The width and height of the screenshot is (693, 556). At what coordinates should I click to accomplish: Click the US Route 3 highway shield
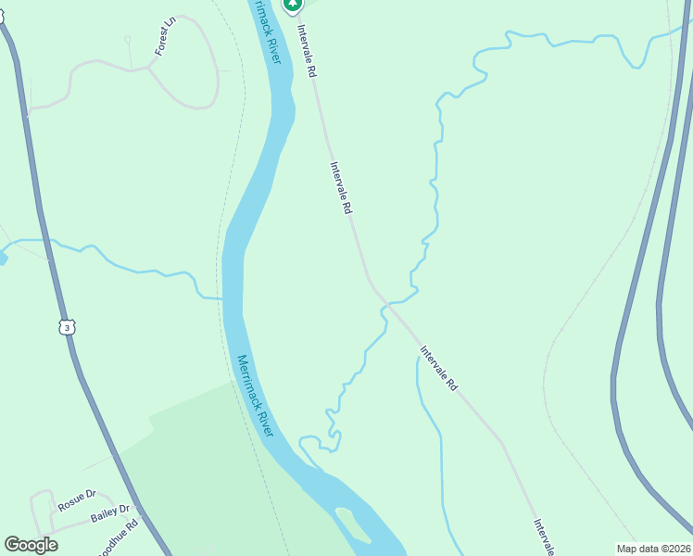click(66, 327)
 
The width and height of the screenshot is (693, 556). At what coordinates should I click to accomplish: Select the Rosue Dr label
click(77, 501)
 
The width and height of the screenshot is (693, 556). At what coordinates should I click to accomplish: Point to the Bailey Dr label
click(110, 515)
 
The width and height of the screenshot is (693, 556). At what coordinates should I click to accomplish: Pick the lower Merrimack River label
click(255, 397)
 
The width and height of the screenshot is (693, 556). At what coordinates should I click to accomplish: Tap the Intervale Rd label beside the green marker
click(307, 51)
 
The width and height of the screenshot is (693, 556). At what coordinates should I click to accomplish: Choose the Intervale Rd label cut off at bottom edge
click(543, 537)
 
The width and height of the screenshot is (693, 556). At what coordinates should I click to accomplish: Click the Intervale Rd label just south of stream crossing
click(439, 368)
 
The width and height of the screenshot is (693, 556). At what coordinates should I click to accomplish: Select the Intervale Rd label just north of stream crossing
click(341, 189)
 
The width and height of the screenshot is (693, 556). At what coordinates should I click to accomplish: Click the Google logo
click(31, 545)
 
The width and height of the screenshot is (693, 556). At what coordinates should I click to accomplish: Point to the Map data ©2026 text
click(653, 549)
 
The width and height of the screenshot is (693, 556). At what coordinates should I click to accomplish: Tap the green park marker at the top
click(293, 5)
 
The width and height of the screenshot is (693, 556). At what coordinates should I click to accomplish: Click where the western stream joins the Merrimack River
click(222, 299)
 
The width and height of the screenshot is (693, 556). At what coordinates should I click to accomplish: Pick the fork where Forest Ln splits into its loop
click(148, 67)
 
